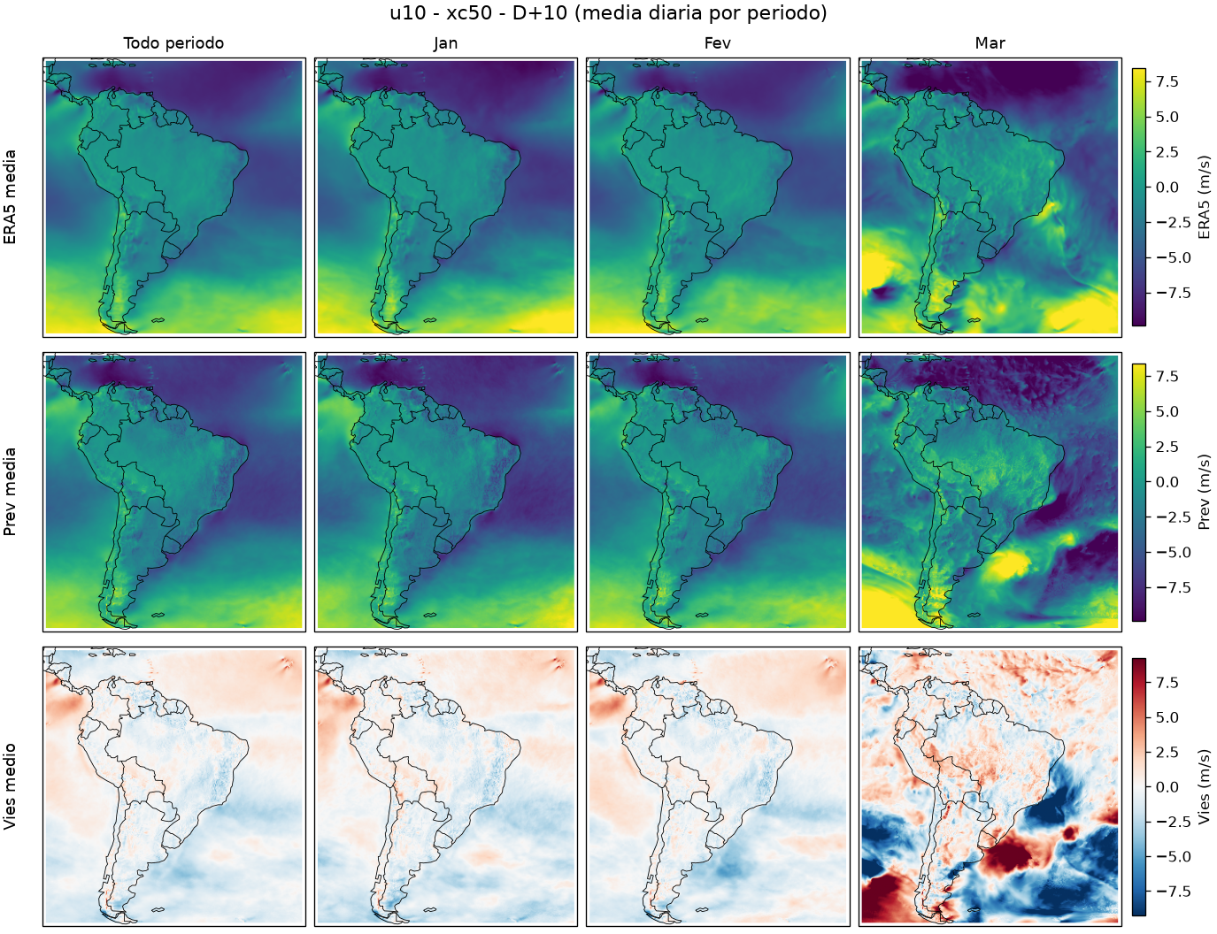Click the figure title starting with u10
click(x=608, y=13)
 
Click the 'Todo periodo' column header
click(x=173, y=43)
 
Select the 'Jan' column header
click(x=445, y=43)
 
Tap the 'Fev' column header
click(x=718, y=43)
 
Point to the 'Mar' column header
click(x=990, y=43)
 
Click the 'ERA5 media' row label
click(x=10, y=197)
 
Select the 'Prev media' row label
click(x=10, y=492)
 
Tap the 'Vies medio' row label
click(x=10, y=786)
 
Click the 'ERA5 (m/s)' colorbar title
click(x=1204, y=197)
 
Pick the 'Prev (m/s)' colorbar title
click(x=1204, y=492)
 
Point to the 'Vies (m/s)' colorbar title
click(x=1204, y=787)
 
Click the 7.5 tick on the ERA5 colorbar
click(x=1167, y=81)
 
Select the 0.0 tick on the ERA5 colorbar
click(x=1167, y=188)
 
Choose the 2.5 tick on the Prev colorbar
click(x=1167, y=447)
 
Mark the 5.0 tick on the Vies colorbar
click(x=1167, y=717)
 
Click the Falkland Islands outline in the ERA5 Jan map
click(x=430, y=320)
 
